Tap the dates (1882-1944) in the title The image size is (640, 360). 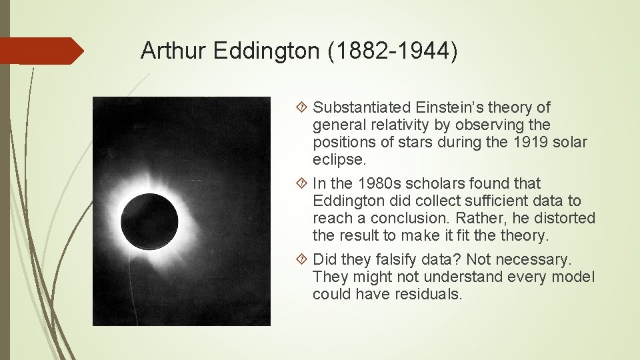(x=393, y=51)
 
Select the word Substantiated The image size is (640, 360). (x=362, y=107)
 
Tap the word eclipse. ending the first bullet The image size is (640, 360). (x=339, y=160)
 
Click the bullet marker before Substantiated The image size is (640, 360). (x=303, y=107)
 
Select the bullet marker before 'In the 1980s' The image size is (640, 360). (x=303, y=183)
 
